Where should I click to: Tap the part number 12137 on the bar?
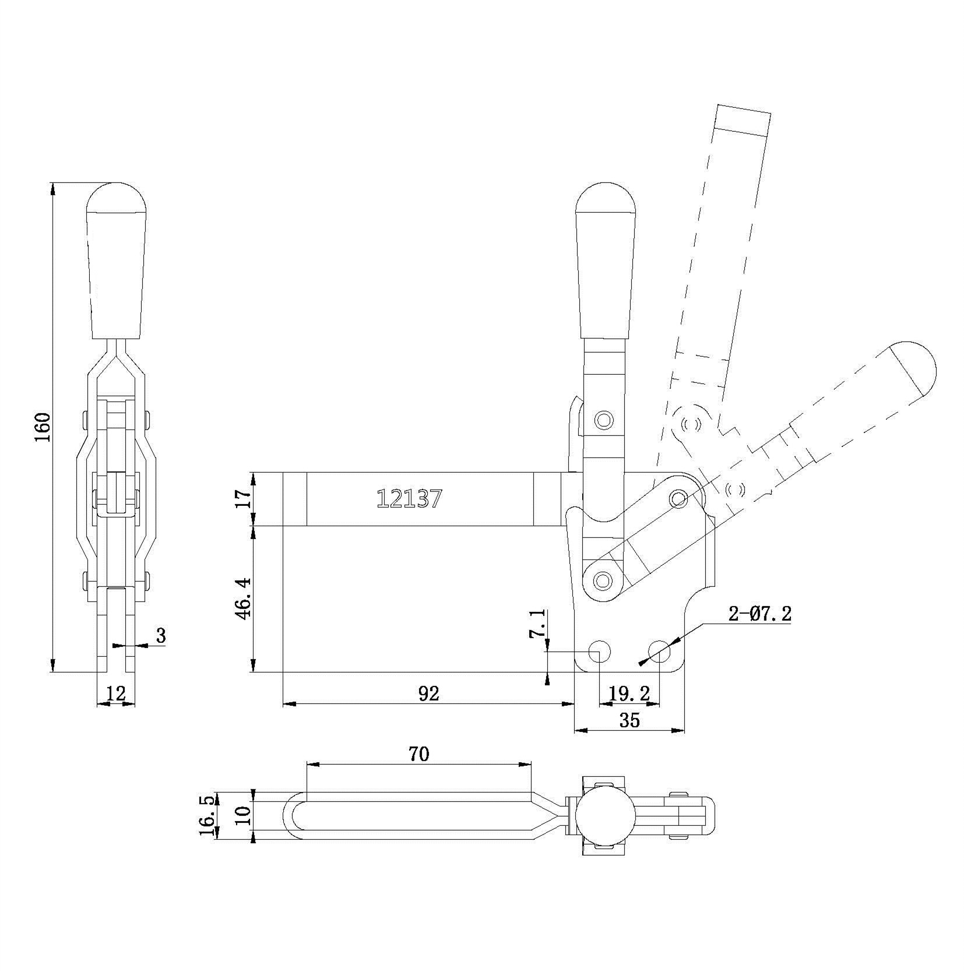[x=409, y=498]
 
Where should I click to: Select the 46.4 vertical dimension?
[x=244, y=598]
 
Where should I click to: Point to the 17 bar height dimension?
[x=244, y=498]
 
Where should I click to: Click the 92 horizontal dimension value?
[x=428, y=693]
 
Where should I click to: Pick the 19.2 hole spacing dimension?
[x=629, y=693]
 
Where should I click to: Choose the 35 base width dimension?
[x=629, y=720]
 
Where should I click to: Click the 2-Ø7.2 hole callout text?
[x=759, y=614]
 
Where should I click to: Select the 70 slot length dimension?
[x=418, y=754]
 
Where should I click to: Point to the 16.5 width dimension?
[x=209, y=815]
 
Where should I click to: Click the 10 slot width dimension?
[x=244, y=814]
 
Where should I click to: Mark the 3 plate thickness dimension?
[x=160, y=635]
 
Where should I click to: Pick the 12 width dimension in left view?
[x=117, y=693]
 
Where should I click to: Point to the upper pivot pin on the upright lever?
[x=604, y=420]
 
